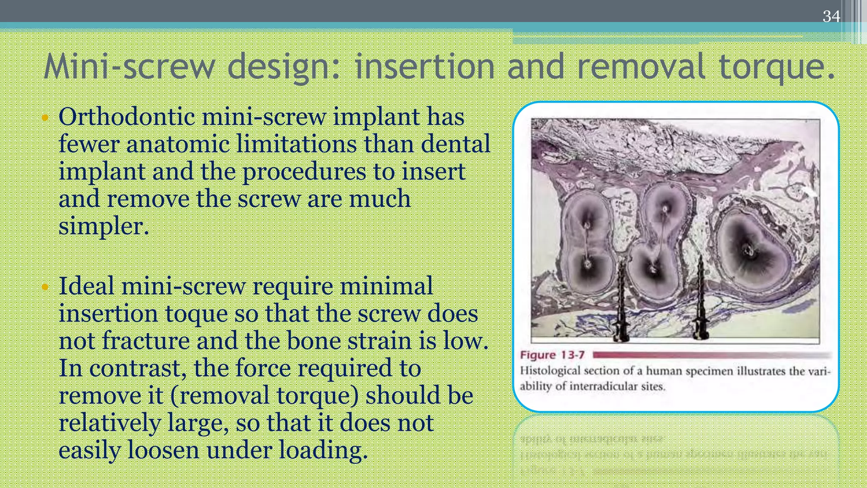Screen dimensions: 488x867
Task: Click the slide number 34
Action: pyautogui.click(x=831, y=17)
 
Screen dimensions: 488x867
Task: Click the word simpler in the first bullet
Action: pyautogui.click(x=102, y=226)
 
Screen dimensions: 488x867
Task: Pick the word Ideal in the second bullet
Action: pyautogui.click(x=86, y=286)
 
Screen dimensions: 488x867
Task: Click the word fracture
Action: pyautogui.click(x=145, y=341)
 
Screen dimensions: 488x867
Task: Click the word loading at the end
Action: pyautogui.click(x=323, y=450)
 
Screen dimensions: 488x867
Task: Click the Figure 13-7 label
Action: pyautogui.click(x=552, y=355)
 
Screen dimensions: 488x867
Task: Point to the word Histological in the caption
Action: pyautogui.click(x=550, y=371)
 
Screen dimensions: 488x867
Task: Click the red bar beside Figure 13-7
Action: pyautogui.click(x=711, y=355)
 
